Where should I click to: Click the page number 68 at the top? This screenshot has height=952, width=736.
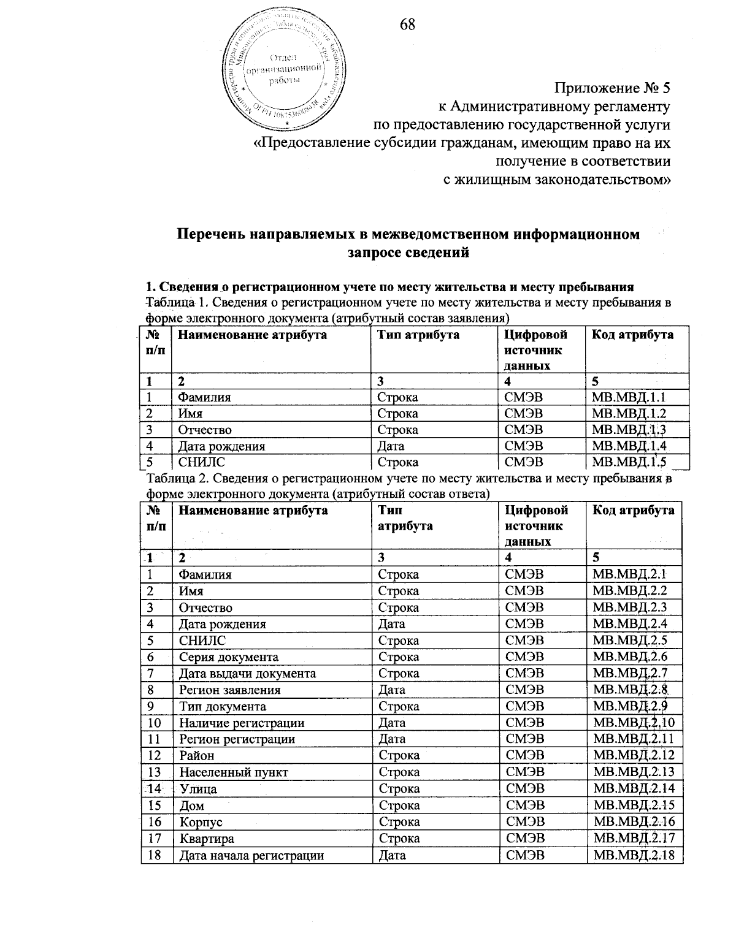[x=407, y=24]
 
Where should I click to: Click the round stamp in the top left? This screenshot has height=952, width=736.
[x=282, y=68]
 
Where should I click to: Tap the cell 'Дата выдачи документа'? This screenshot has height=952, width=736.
[x=247, y=674]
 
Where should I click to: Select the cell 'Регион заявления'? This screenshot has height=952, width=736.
[x=229, y=690]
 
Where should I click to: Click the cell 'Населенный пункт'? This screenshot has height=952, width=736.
[x=233, y=772]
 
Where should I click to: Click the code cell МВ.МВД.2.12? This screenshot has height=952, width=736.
[x=634, y=756]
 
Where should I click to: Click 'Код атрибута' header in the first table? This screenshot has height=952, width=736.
[x=632, y=335]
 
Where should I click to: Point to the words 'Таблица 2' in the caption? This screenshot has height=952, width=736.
[x=173, y=479]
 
